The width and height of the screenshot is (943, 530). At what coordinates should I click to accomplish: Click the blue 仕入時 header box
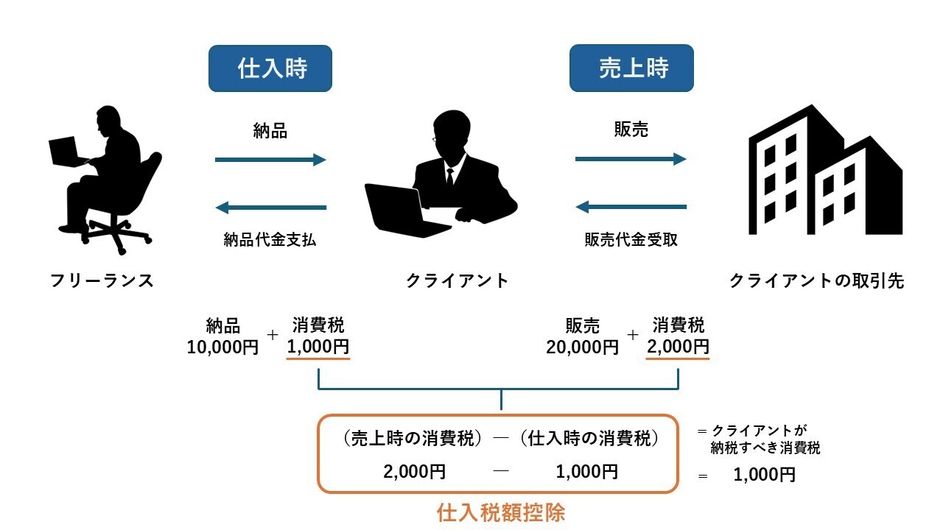point(270,68)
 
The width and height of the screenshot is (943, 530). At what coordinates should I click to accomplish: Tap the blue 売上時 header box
point(631,68)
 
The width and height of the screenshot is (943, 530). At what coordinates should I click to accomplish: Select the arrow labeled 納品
point(270,160)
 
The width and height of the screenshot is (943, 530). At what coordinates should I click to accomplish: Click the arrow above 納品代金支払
point(270,208)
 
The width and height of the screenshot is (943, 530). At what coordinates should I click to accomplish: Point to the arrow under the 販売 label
point(631,159)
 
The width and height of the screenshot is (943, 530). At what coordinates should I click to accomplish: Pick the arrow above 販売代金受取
point(631,208)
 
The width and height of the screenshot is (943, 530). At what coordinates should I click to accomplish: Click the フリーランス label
point(102,280)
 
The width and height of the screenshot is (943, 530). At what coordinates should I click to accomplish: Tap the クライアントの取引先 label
point(816,280)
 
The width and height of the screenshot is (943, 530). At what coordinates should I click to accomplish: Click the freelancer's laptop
point(69,152)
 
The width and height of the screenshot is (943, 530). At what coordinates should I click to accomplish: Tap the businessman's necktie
point(449,177)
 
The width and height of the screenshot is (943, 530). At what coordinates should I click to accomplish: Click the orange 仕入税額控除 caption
point(501,512)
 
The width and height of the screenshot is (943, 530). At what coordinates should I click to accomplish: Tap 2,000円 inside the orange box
point(414,472)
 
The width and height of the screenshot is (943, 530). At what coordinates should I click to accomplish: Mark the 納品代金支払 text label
point(270,239)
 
